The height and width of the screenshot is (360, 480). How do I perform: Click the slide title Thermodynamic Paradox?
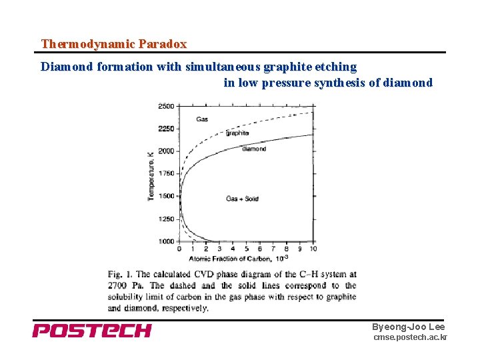pyautogui.click(x=113, y=44)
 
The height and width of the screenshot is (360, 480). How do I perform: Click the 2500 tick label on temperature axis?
pyautogui.click(x=166, y=106)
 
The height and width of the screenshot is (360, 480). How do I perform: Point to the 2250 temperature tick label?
pyautogui.click(x=166, y=129)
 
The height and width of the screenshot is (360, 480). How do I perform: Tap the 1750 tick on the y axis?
pyautogui.click(x=166, y=173)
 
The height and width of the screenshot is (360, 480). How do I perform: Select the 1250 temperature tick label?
pyautogui.click(x=166, y=219)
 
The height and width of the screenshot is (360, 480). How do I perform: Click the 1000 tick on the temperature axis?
pyautogui.click(x=166, y=241)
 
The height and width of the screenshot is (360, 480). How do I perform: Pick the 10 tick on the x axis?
pyautogui.click(x=313, y=249)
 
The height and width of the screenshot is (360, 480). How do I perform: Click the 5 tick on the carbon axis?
pyautogui.click(x=246, y=249)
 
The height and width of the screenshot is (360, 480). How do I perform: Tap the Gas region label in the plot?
pyautogui.click(x=202, y=119)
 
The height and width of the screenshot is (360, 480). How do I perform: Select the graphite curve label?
pyautogui.click(x=237, y=133)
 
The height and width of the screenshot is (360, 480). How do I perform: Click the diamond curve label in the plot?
pyautogui.click(x=253, y=149)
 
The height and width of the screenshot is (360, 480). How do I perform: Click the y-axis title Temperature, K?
pyautogui.click(x=151, y=176)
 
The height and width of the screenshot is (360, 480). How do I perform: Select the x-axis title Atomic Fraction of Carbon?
pyautogui.click(x=230, y=258)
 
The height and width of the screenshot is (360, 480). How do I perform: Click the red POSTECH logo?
pyautogui.click(x=92, y=331)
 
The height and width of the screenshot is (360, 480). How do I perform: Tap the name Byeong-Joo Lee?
pyautogui.click(x=408, y=327)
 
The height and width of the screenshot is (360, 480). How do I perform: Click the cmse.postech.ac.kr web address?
pyautogui.click(x=410, y=338)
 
